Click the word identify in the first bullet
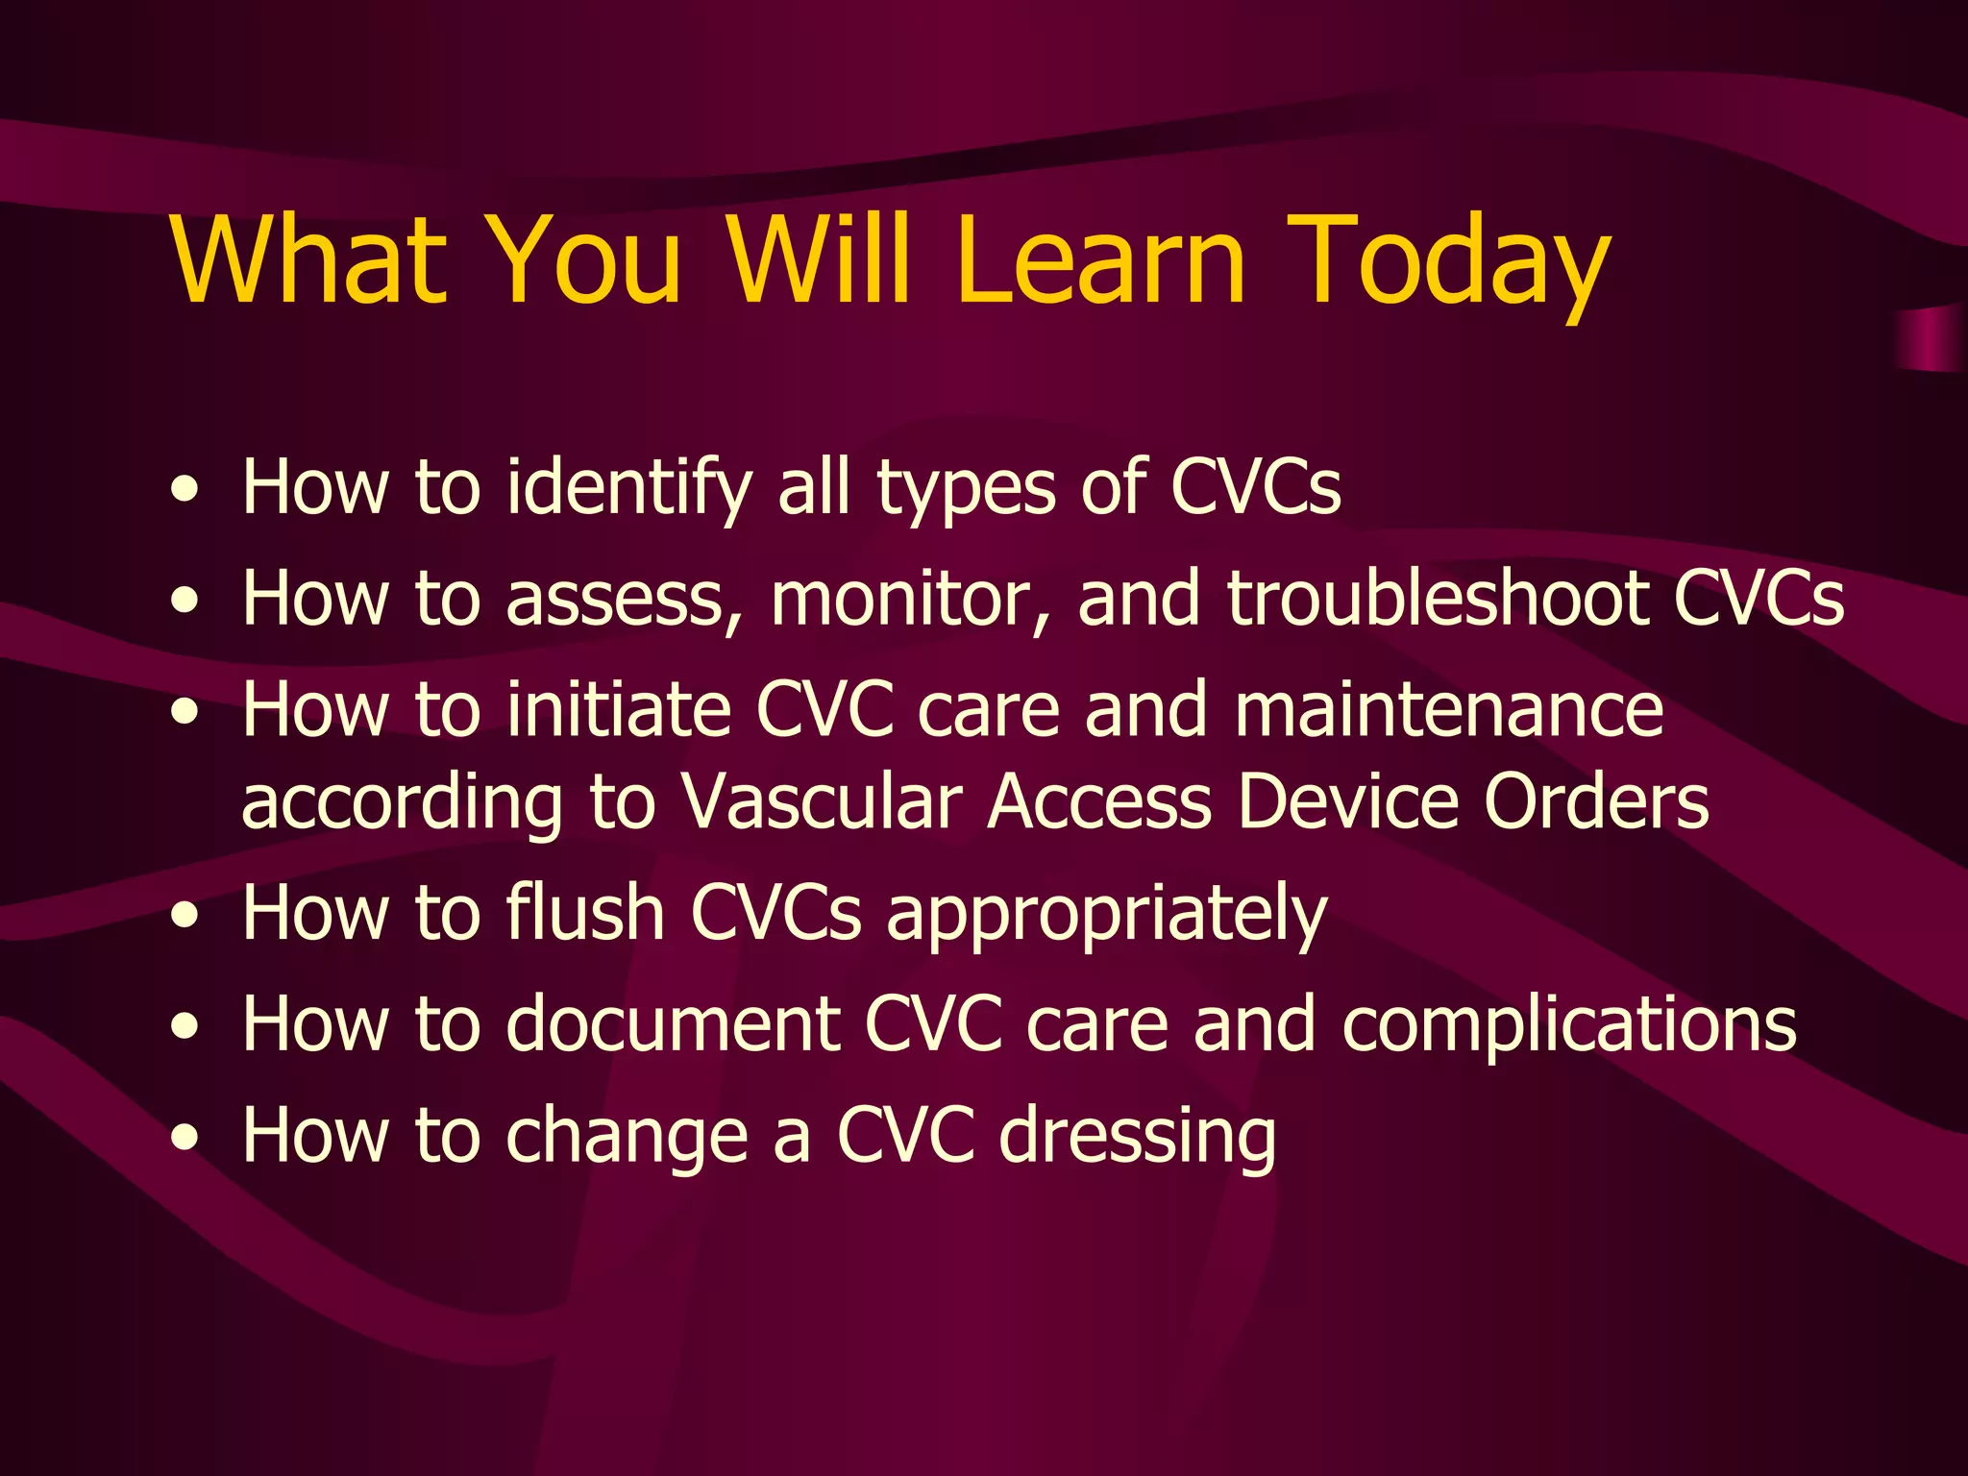[x=629, y=487]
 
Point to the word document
[x=673, y=1023]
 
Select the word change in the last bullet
[x=627, y=1136]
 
